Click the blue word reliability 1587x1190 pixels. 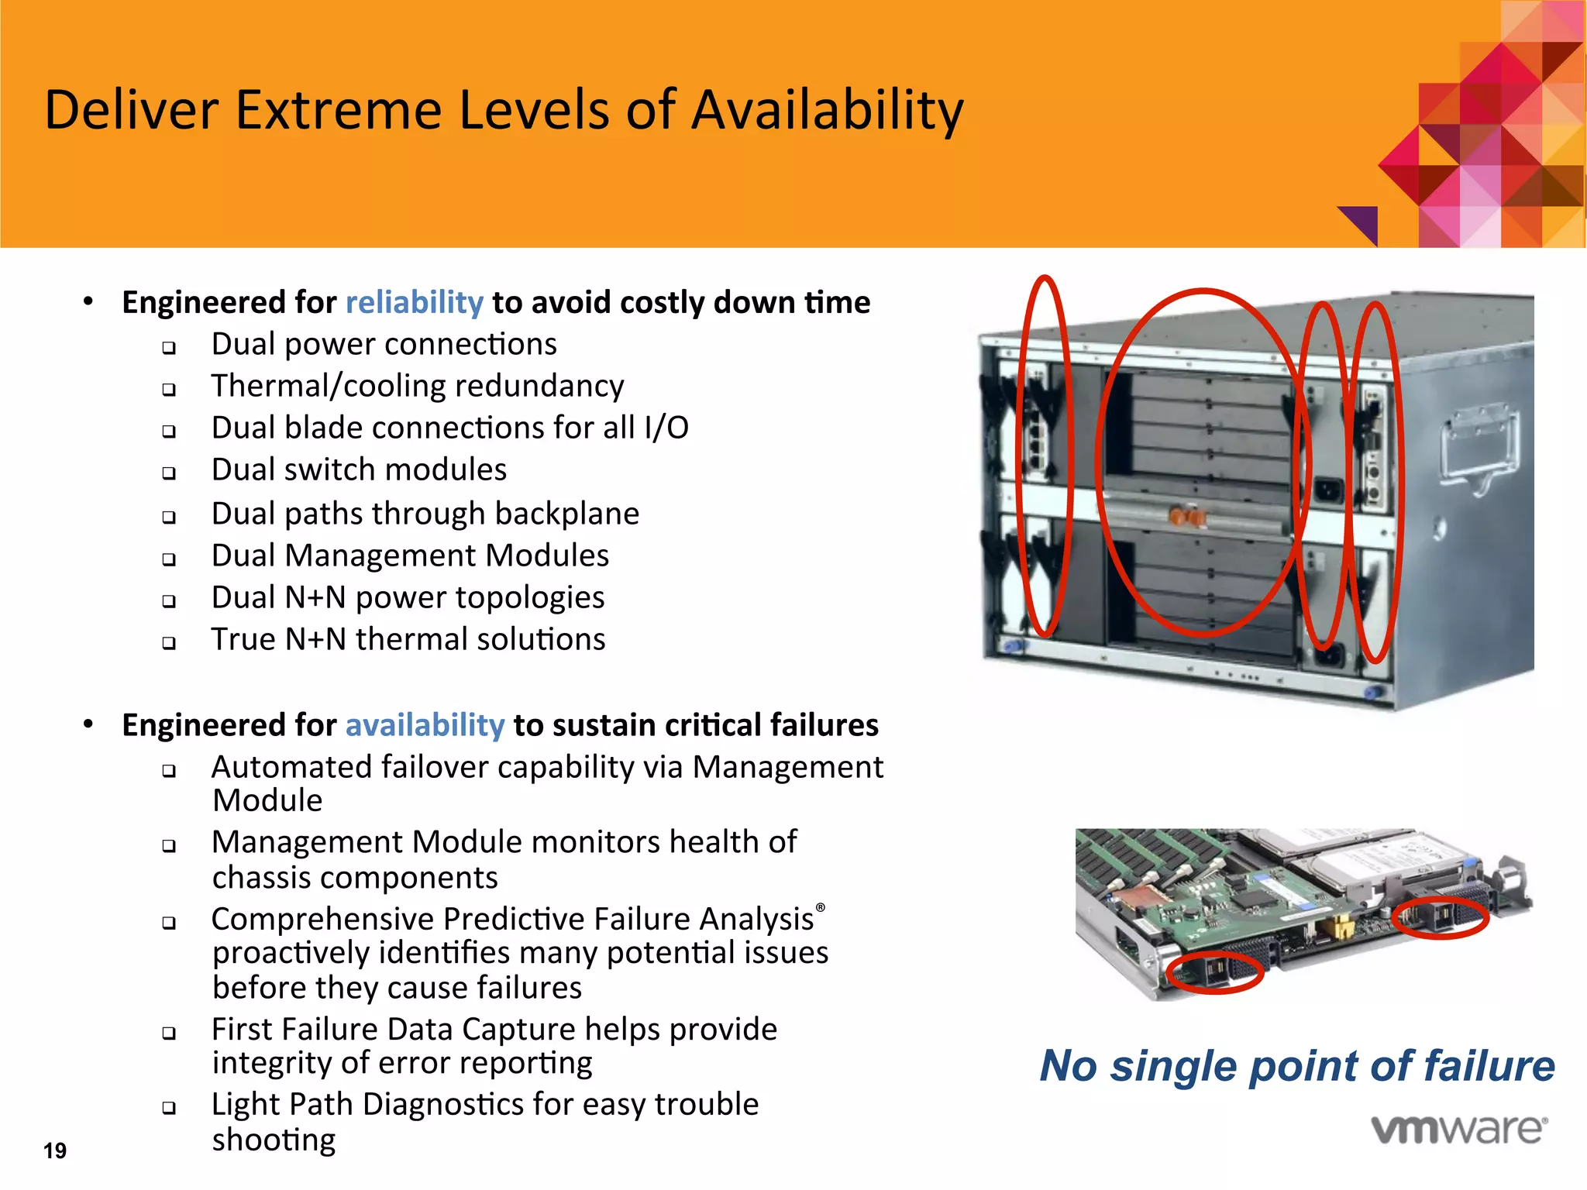point(414,302)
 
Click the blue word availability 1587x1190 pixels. point(425,725)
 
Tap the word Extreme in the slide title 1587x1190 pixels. point(339,110)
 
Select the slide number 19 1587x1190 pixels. point(55,1150)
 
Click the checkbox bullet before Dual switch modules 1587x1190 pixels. point(169,473)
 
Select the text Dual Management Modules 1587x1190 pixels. point(410,555)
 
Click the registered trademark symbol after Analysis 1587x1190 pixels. point(821,907)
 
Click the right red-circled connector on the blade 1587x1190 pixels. point(1440,918)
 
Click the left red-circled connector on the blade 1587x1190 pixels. point(1213,972)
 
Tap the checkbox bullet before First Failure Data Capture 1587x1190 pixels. point(169,1033)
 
